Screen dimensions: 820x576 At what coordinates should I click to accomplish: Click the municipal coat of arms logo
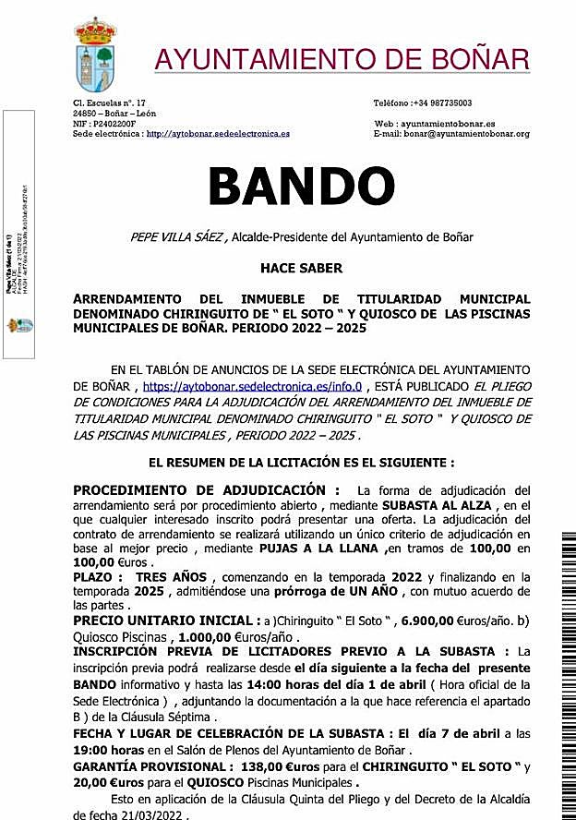[95, 54]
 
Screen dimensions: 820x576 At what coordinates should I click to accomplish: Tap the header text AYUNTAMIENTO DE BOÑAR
[342, 59]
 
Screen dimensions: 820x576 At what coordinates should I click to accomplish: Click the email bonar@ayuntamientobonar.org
[472, 133]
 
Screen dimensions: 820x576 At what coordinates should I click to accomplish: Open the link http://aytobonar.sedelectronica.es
[218, 133]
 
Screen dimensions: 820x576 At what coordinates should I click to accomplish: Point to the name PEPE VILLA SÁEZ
[176, 237]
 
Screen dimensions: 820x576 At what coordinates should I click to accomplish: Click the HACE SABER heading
[301, 268]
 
